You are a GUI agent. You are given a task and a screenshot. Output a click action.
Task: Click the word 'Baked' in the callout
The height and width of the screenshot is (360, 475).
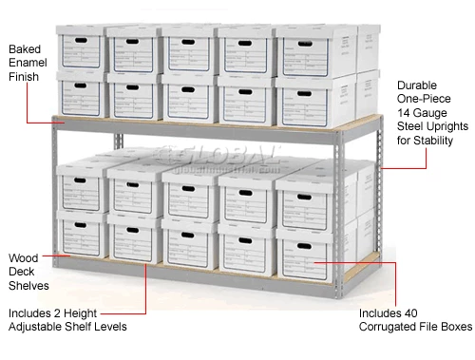tap(26, 48)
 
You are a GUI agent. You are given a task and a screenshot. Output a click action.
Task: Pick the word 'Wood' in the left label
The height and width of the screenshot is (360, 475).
tap(24, 257)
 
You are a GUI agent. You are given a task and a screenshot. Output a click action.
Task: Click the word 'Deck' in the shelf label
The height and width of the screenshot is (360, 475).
tap(23, 272)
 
